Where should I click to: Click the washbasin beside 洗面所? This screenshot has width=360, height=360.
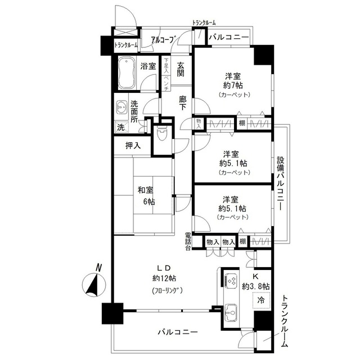(121, 108)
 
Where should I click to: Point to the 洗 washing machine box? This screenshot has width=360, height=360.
(120, 127)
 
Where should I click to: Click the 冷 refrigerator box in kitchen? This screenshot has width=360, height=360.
(260, 301)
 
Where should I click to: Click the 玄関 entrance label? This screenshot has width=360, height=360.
(181, 69)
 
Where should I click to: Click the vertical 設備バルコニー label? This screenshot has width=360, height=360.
(280, 182)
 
